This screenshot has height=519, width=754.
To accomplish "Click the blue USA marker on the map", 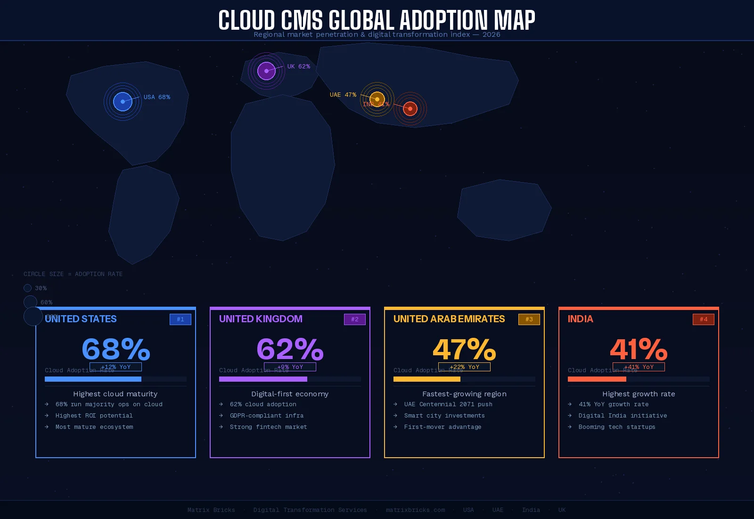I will pyautogui.click(x=123, y=101).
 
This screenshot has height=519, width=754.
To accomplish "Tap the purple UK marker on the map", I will pyautogui.click(x=266, y=71).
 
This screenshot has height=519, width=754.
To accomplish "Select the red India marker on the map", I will pyautogui.click(x=410, y=109).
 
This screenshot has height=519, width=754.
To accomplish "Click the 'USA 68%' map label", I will pyautogui.click(x=157, y=97).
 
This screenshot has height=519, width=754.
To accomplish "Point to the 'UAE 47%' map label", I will pyautogui.click(x=343, y=95).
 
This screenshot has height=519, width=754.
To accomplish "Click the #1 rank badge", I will pyautogui.click(x=180, y=319).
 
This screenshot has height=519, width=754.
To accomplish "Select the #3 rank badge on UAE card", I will pyautogui.click(x=529, y=319).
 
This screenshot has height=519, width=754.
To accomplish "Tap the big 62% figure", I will pyautogui.click(x=290, y=349).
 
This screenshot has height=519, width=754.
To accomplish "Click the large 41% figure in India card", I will pyautogui.click(x=639, y=349).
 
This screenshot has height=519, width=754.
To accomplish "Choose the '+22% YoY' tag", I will pyautogui.click(x=464, y=367).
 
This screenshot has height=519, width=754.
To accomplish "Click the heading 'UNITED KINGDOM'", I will pyautogui.click(x=261, y=319).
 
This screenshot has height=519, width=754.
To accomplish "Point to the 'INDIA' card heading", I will pyautogui.click(x=580, y=319).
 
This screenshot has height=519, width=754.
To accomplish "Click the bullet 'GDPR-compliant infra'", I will pyautogui.click(x=266, y=416).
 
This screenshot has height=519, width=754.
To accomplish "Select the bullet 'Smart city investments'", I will pyautogui.click(x=444, y=416).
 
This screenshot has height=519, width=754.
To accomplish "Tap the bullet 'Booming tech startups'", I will pyautogui.click(x=617, y=427).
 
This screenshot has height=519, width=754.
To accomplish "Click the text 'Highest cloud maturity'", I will pyautogui.click(x=115, y=394).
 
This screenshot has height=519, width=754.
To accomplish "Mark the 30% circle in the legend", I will pyautogui.click(x=28, y=288).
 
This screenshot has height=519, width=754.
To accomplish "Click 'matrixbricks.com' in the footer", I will pyautogui.click(x=415, y=510).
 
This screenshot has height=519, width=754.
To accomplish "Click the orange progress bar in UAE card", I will pyautogui.click(x=427, y=379).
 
